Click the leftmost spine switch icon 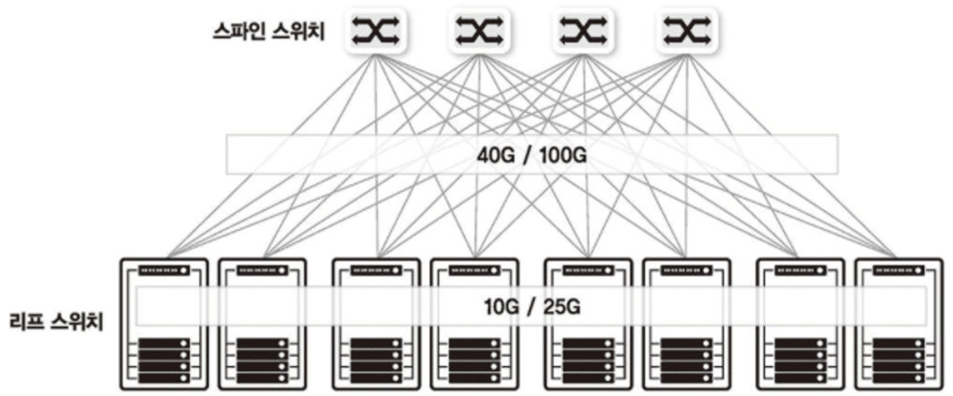click(376, 32)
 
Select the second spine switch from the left click(480, 32)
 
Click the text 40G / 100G click(532, 155)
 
